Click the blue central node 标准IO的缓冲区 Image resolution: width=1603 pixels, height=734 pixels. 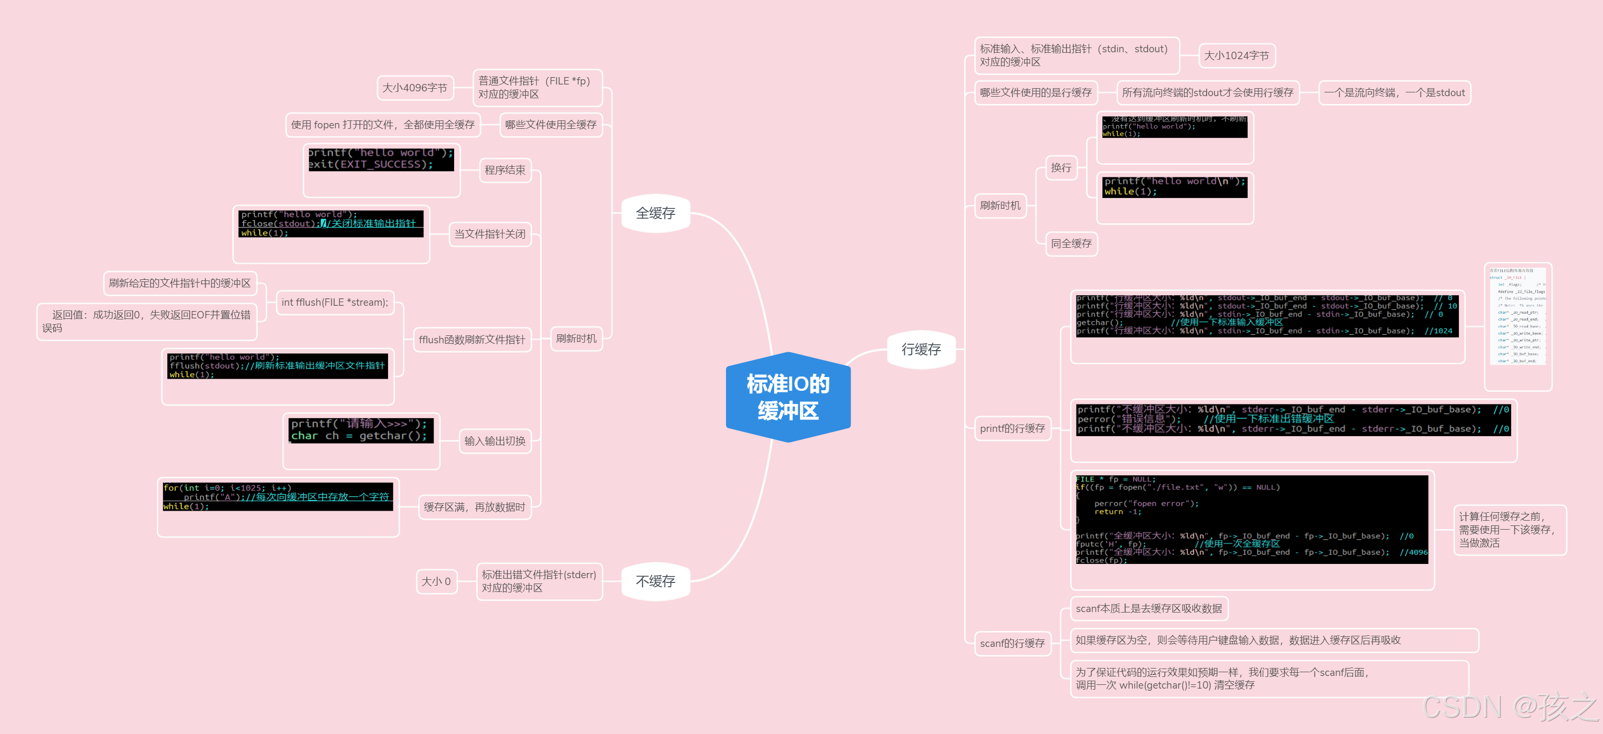[x=788, y=397]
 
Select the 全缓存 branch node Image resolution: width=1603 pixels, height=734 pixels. [x=655, y=213]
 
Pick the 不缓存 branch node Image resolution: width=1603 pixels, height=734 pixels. [x=655, y=581]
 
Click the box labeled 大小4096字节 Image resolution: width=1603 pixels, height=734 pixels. [x=414, y=88]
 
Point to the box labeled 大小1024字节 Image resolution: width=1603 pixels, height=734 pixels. [x=1236, y=55]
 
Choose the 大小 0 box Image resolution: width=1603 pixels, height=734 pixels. [x=436, y=581]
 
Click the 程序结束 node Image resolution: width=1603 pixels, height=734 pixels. [x=505, y=170]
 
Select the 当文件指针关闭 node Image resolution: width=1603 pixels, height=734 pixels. [x=490, y=234]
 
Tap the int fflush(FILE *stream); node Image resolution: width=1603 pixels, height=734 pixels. [x=335, y=303]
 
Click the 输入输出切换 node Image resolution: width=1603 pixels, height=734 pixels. [x=495, y=441]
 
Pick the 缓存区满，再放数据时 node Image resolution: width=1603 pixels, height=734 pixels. [x=474, y=507]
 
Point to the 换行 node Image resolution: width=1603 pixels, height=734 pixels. [x=1061, y=167]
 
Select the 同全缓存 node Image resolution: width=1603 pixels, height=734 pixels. [x=1071, y=243]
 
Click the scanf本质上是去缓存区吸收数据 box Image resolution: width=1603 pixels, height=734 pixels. [x=1149, y=608]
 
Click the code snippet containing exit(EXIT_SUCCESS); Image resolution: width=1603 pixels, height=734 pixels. [x=381, y=159]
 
